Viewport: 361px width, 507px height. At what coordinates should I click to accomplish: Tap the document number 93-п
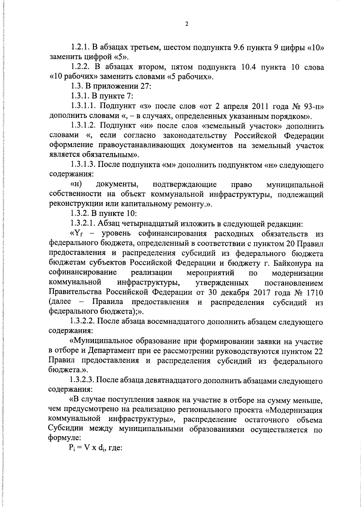point(313,106)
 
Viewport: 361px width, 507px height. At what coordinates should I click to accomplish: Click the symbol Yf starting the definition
point(77,234)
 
